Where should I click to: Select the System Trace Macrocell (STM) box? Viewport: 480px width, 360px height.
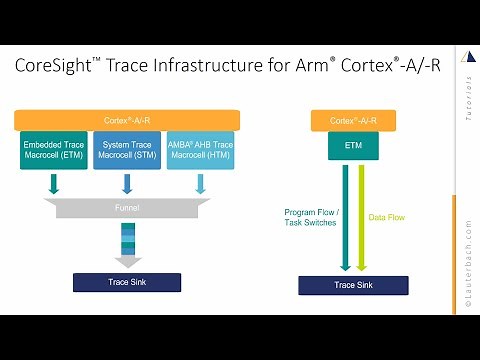127,150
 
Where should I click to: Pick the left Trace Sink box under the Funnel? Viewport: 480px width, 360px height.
128,283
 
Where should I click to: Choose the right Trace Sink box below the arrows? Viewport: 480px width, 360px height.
355,285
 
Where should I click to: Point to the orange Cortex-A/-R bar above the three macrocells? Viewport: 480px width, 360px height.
127,120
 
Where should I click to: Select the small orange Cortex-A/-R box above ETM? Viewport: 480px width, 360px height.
355,120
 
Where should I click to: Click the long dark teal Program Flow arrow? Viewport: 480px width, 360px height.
345,215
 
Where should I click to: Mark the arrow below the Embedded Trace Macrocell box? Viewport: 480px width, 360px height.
53,184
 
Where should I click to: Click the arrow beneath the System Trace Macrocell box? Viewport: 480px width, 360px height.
127,184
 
